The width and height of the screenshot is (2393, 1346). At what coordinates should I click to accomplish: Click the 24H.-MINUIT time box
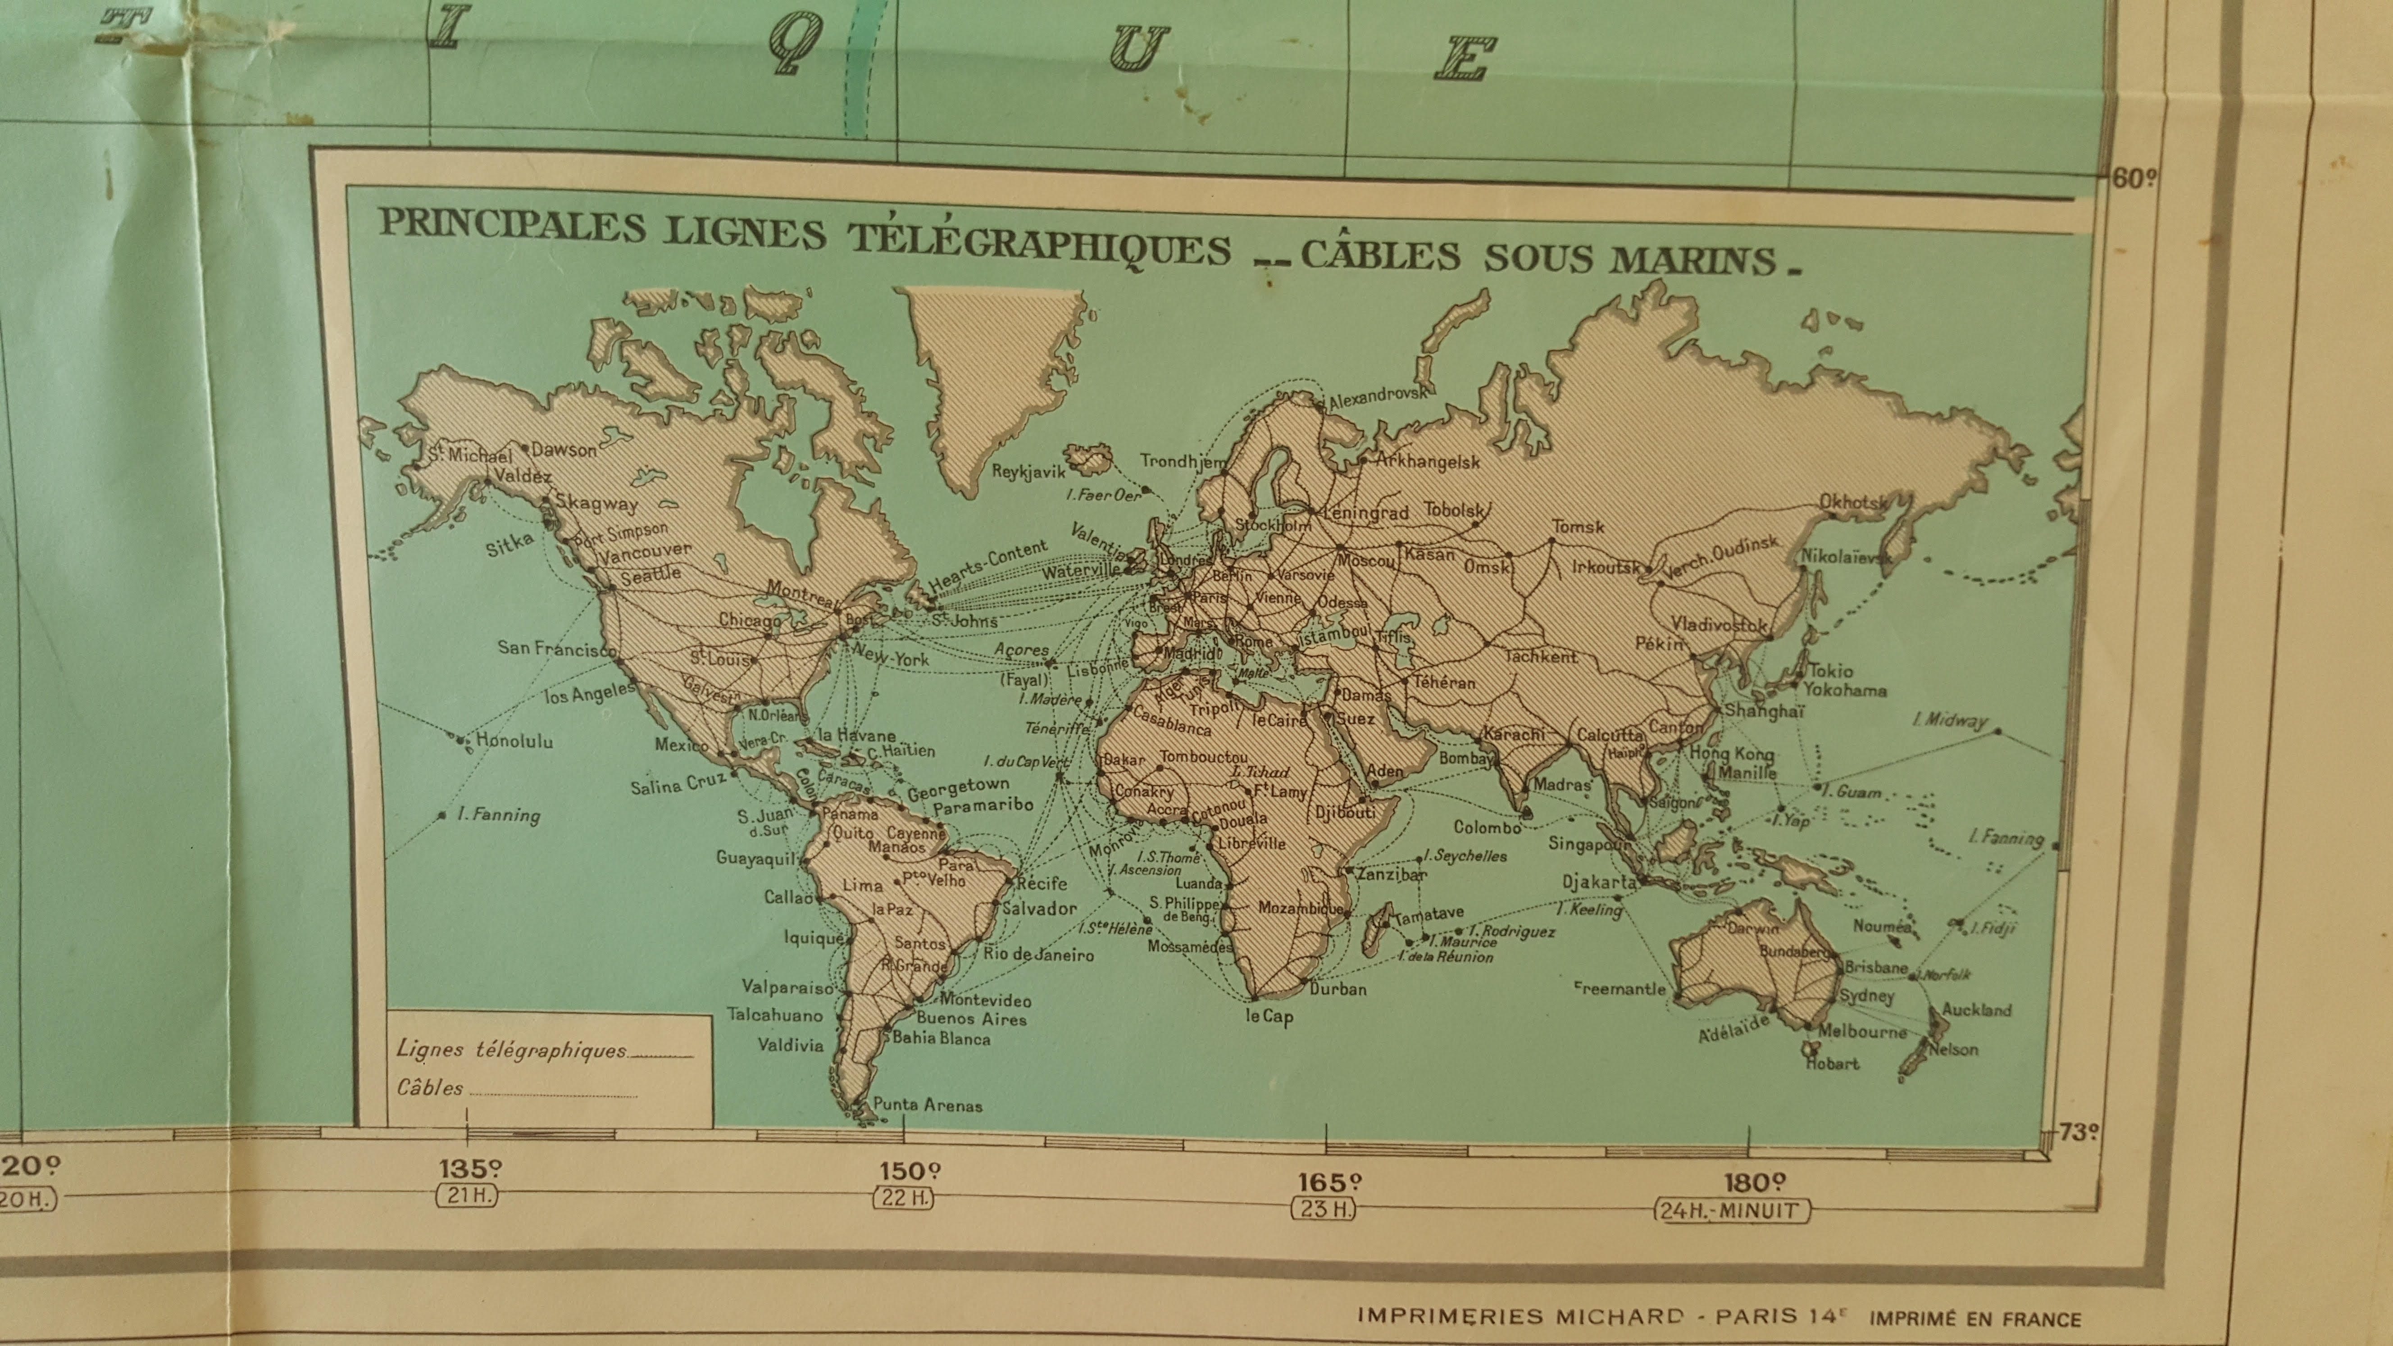[x=1732, y=1210]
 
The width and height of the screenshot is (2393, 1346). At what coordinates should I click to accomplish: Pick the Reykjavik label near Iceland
[x=1028, y=471]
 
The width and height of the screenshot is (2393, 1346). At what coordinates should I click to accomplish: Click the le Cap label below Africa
[x=1269, y=1017]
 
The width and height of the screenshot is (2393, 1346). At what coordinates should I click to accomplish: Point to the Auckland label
[x=1977, y=1010]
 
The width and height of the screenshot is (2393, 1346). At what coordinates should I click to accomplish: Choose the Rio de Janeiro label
[x=1038, y=954]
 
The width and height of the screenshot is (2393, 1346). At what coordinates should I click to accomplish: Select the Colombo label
[x=1487, y=827]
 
